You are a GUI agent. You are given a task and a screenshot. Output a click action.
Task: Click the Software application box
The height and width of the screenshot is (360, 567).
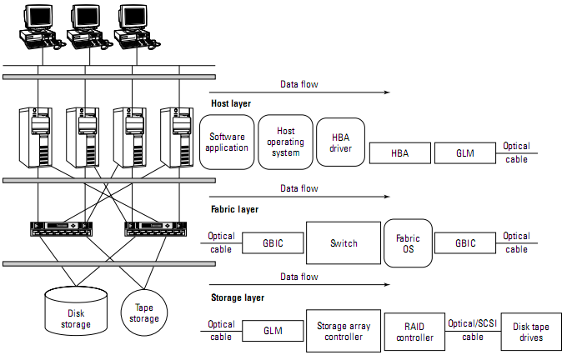click(228, 142)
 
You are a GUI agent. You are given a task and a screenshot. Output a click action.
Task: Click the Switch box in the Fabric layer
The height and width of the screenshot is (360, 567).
click(344, 243)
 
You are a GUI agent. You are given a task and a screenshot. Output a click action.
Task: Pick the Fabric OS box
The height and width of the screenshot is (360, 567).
click(408, 243)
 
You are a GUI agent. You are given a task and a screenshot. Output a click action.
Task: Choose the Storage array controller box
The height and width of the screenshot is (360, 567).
click(344, 332)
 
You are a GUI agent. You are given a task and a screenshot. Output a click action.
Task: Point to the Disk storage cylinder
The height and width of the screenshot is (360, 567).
click(75, 311)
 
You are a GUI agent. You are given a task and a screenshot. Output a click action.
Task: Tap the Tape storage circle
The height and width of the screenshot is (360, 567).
click(145, 312)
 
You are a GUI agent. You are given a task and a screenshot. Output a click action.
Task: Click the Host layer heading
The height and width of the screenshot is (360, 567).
click(231, 103)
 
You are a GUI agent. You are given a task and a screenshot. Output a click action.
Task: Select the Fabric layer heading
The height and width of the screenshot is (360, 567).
click(234, 209)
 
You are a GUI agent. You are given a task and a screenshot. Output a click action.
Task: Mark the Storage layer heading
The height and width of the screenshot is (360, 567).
click(238, 296)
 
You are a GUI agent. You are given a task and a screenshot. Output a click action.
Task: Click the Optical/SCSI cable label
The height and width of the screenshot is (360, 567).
click(473, 331)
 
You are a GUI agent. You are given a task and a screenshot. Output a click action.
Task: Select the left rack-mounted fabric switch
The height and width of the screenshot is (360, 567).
click(58, 227)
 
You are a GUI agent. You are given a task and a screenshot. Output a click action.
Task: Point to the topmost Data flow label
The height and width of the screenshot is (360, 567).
click(299, 84)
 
